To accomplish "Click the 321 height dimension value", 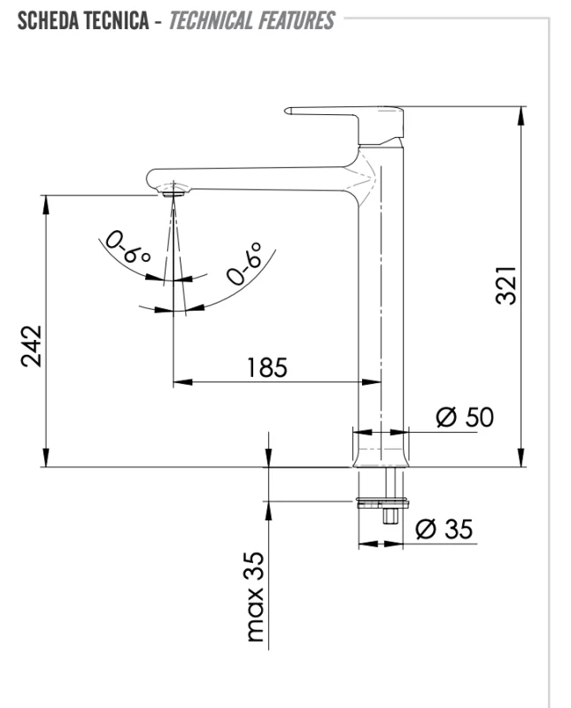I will (505, 286).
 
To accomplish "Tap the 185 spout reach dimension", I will (266, 367).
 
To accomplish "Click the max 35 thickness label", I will (255, 597).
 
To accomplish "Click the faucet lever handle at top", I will (345, 116).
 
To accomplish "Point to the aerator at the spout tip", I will (174, 189).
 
